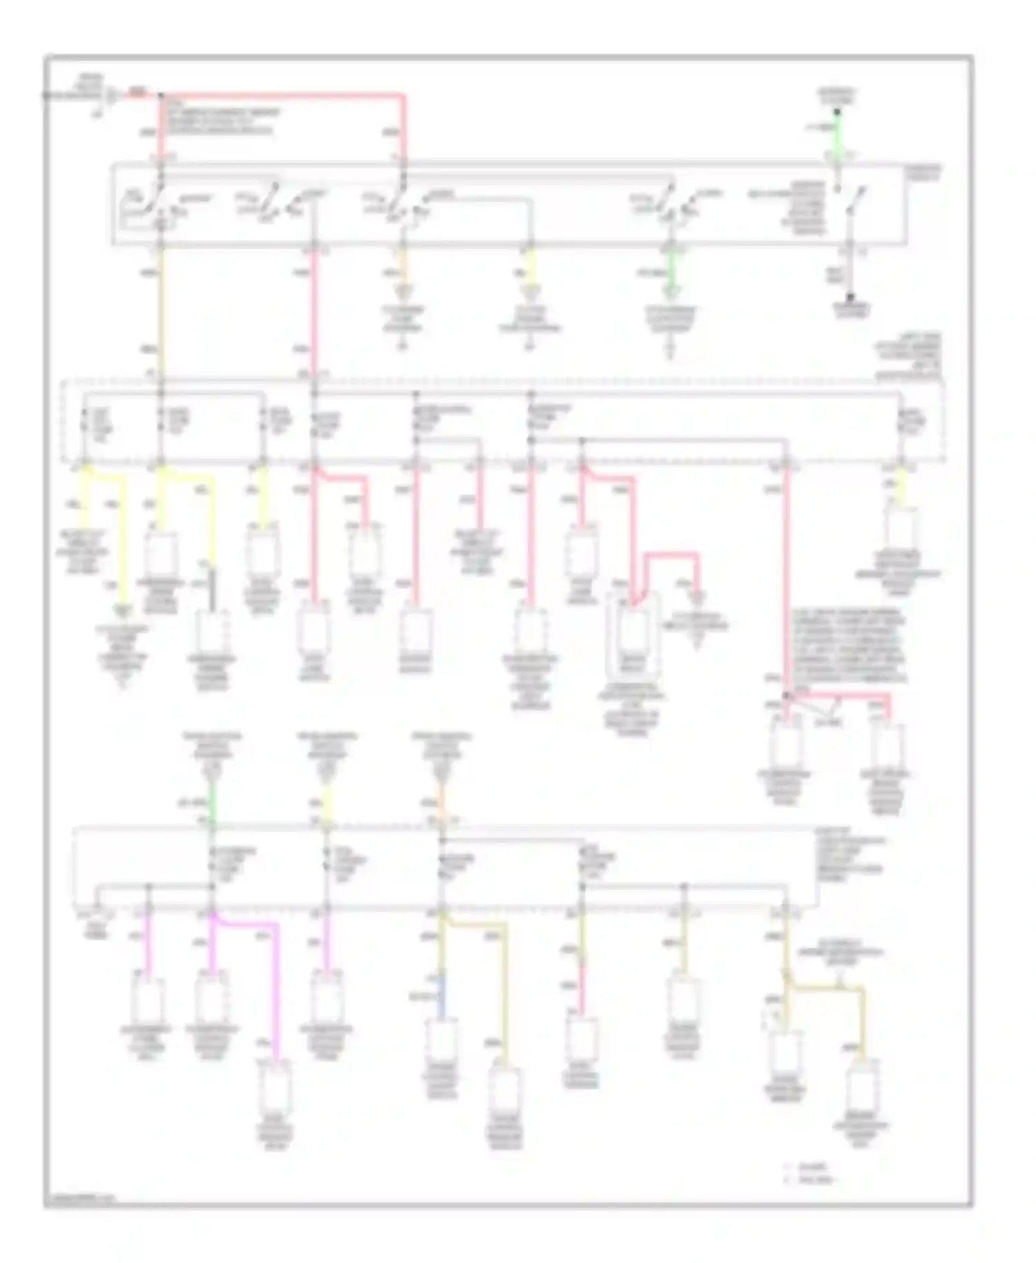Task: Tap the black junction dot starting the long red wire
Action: [x=161, y=94]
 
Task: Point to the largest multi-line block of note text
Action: [x=848, y=646]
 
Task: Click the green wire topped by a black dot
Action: [x=836, y=131]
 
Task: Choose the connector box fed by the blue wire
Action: [x=441, y=1043]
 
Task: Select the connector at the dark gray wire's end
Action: [x=213, y=632]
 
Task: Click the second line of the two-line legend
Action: [x=815, y=1179]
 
